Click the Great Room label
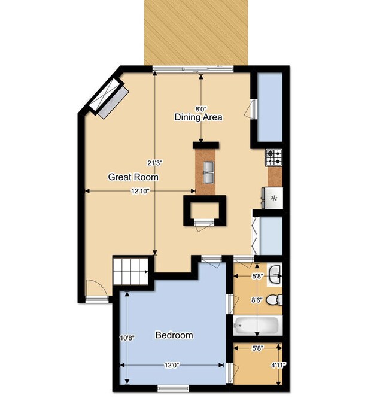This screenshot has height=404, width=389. [133, 177]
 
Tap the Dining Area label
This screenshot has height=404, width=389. [198, 117]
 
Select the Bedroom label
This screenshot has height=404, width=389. [174, 335]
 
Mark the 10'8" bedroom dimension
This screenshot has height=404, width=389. [127, 338]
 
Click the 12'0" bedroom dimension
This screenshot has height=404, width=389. [172, 365]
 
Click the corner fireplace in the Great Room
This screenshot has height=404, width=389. [110, 97]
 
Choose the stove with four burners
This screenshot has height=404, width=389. [274, 157]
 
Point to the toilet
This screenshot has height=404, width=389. [273, 300]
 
